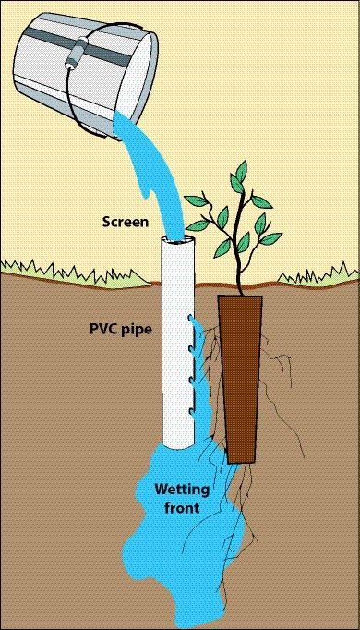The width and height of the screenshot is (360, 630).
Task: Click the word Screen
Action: point(126,222)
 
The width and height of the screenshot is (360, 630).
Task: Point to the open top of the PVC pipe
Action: point(178,241)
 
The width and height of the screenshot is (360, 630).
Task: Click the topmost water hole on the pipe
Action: point(190,320)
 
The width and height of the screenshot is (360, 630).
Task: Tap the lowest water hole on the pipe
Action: point(190,411)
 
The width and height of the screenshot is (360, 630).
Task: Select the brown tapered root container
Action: point(241,379)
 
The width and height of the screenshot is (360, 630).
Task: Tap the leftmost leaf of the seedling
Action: point(197,200)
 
